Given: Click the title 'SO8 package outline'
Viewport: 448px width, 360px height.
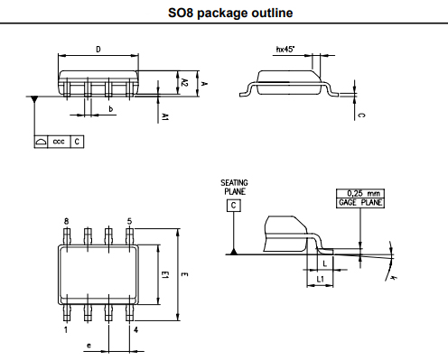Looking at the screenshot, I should (224, 14).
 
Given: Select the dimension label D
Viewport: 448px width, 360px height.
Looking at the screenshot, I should (98, 50).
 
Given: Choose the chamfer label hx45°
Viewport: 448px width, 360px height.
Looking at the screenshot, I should (285, 51).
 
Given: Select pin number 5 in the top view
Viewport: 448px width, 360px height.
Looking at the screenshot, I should (131, 221).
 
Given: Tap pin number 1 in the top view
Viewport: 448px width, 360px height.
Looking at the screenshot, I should (66, 329).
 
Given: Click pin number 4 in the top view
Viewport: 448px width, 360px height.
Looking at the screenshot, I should (135, 329).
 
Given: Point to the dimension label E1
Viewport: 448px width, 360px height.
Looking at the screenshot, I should (163, 276).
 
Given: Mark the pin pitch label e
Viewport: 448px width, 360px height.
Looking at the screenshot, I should (88, 346).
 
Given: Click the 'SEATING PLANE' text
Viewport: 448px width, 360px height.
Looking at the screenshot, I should (234, 188).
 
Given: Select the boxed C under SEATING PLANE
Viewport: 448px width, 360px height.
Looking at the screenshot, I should (234, 206).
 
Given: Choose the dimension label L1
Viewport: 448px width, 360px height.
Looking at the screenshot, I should (322, 279).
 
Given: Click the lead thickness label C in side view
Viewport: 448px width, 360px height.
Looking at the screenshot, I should (361, 115).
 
